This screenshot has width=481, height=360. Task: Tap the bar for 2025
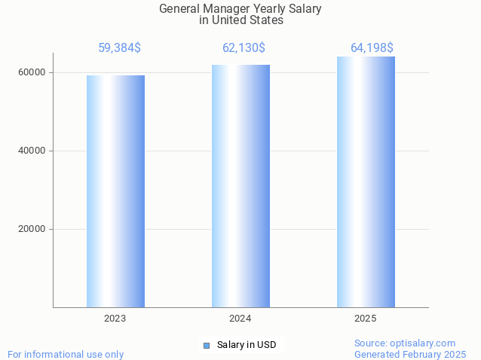coord(366,182)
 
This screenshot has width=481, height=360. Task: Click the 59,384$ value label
coord(119,48)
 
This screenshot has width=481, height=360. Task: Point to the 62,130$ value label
coord(244,48)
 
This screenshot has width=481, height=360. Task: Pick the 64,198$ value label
coord(372,48)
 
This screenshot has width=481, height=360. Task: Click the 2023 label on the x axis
coord(115,319)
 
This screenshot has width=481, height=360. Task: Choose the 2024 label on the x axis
coord(240,319)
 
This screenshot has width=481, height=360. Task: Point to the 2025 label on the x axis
coord(366,319)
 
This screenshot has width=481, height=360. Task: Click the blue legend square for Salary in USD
coord(207,345)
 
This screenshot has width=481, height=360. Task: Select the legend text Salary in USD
coord(247,345)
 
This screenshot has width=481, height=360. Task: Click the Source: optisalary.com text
coord(405,343)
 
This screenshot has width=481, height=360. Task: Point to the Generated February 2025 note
coord(410,354)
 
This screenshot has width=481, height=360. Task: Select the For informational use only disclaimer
coord(66,354)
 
